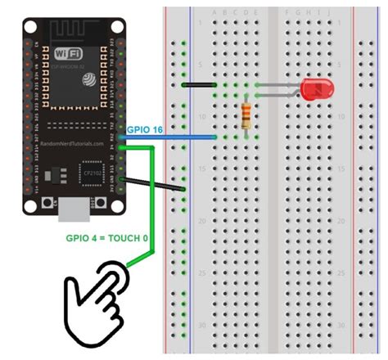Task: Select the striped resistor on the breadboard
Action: point(247,115)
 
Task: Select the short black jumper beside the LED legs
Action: point(198,84)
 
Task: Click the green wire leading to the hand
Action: point(153,213)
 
